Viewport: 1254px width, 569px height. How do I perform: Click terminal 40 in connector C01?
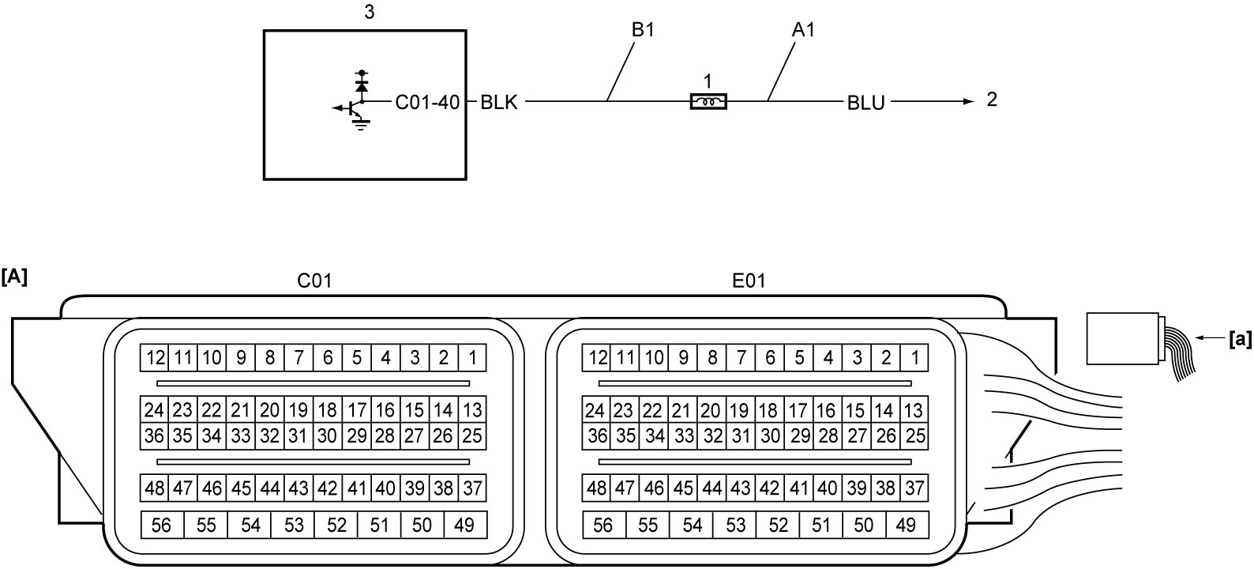point(385,488)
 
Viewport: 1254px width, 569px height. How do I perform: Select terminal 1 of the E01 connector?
point(914,357)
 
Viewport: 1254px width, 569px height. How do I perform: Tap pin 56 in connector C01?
point(162,525)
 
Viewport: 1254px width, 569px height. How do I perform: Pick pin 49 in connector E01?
point(907,525)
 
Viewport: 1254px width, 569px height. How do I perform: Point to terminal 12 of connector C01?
point(155,357)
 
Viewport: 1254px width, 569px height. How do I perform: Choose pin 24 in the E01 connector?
point(595,410)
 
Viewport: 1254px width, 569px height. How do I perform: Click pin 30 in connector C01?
point(327,435)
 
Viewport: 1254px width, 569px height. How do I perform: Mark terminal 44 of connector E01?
point(712,488)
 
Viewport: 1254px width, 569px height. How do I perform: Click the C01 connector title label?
point(314,281)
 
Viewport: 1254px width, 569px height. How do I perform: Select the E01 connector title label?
point(749,281)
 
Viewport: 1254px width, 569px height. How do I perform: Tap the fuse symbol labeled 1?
point(708,101)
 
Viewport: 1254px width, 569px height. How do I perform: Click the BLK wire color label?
point(499,103)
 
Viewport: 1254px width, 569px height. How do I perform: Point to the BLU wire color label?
point(865,103)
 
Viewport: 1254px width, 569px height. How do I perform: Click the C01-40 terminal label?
point(427,103)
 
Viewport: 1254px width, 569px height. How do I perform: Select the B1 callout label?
point(644,30)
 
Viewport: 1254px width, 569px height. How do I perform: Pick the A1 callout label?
point(803,30)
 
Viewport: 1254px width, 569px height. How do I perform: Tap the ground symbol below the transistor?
point(361,124)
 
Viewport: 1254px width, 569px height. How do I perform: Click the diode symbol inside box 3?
point(362,86)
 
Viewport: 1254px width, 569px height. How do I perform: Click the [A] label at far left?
point(14,277)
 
